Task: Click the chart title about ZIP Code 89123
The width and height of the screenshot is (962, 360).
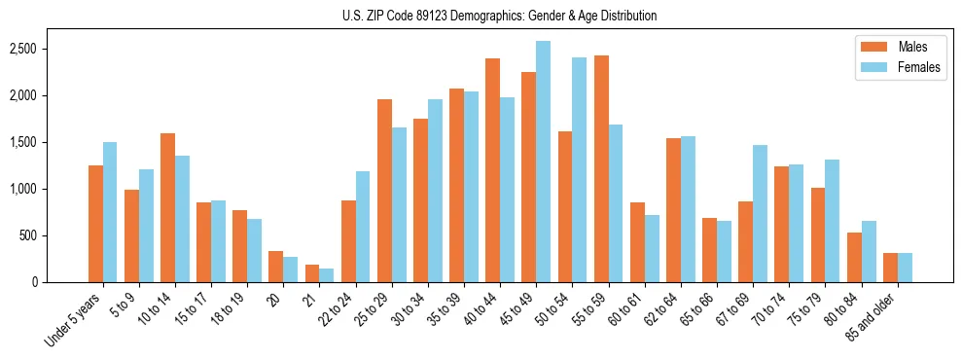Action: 499,16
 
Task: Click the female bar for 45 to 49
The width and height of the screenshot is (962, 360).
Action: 543,162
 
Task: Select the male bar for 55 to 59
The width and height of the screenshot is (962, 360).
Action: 601,168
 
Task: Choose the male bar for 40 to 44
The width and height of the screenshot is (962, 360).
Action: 493,170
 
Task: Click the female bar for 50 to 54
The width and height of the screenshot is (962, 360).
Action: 579,169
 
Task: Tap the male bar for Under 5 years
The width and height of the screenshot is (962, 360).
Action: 95,224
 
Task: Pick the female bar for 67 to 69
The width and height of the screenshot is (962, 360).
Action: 760,213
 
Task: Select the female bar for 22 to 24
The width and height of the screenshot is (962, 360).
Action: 363,227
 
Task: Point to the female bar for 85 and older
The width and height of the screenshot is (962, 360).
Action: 905,268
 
